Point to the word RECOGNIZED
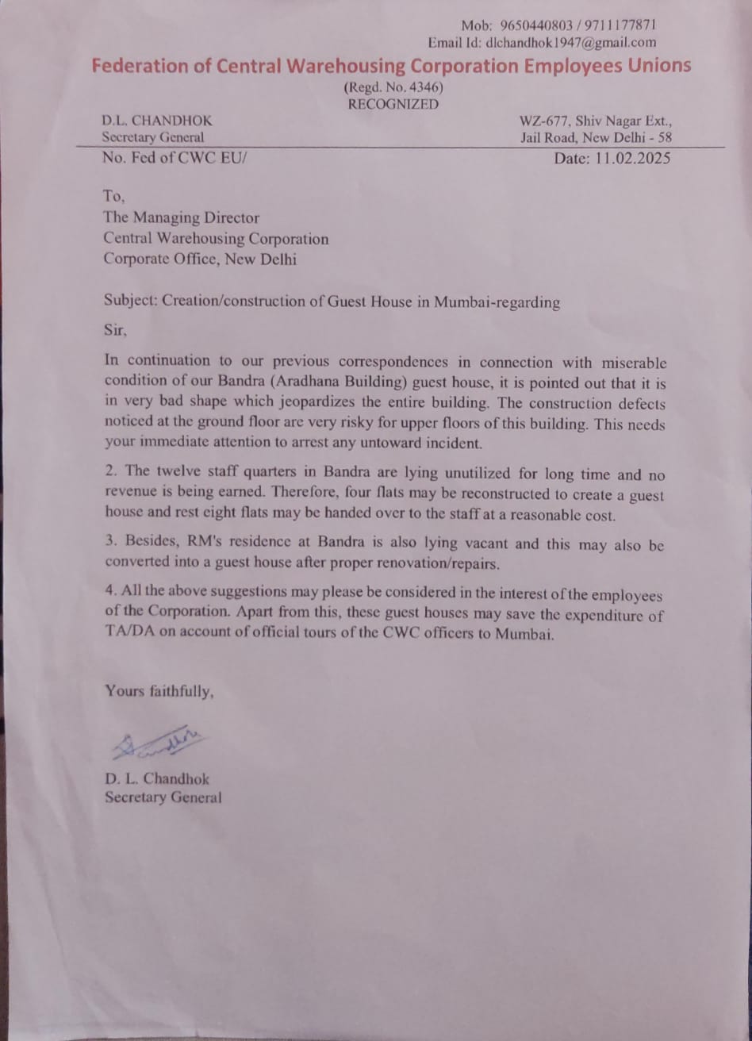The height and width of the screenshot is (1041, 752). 393,104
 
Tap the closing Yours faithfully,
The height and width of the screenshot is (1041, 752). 159,691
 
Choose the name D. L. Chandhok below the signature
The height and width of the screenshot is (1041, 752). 157,779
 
